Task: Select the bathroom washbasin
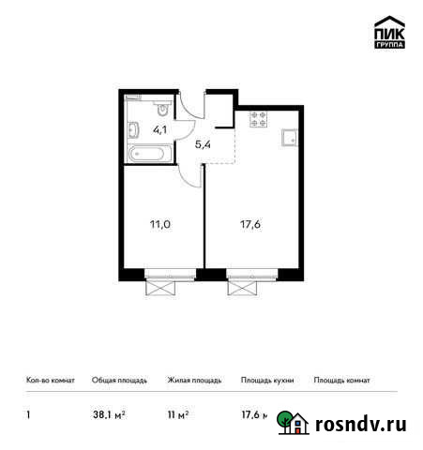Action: [131, 129]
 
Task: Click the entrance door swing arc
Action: [192, 105]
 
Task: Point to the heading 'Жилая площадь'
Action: [194, 381]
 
